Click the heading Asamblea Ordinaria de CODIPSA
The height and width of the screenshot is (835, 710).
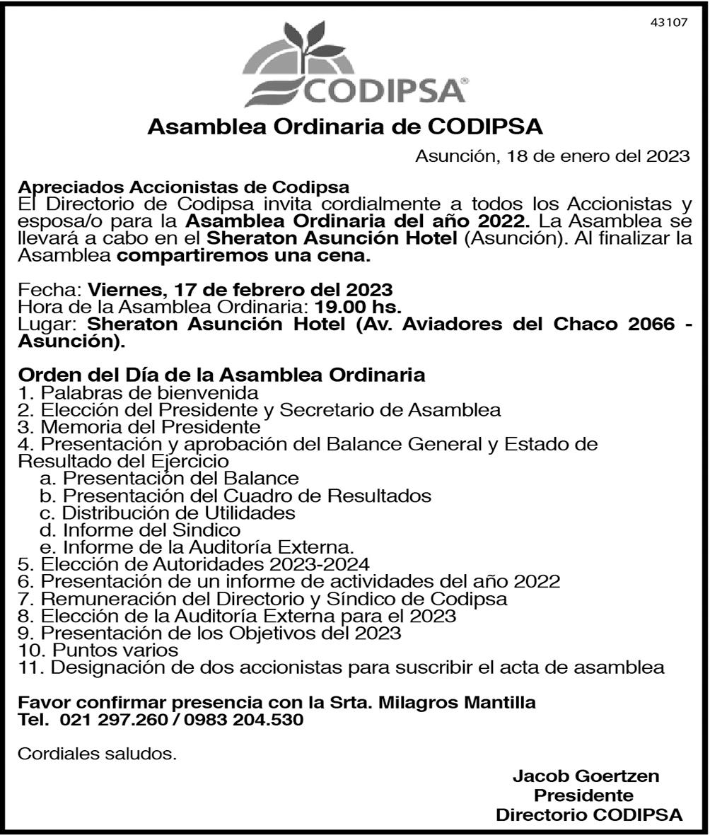point(345,128)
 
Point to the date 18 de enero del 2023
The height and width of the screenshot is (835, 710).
point(598,156)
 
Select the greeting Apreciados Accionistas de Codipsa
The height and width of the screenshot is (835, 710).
point(183,187)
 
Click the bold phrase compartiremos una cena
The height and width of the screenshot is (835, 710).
point(244,257)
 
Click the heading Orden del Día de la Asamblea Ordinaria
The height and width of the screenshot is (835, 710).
point(221,375)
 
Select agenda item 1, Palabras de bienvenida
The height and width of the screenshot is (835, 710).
point(138,392)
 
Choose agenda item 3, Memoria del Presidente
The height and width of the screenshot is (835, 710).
point(139,426)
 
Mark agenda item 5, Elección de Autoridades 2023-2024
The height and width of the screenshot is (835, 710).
point(194,564)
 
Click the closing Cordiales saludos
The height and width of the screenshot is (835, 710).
point(97,754)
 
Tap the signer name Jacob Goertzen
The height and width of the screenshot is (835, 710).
point(586,776)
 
